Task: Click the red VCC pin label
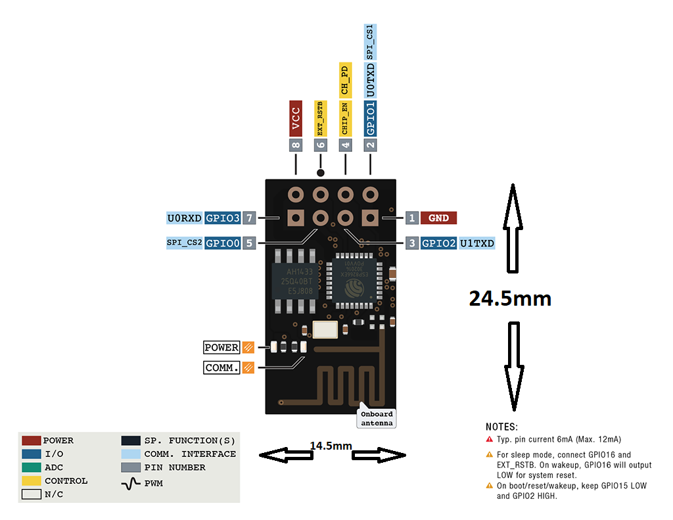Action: pyautogui.click(x=296, y=118)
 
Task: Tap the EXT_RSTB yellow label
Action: pyautogui.click(x=320, y=119)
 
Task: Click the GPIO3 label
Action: pyautogui.click(x=222, y=218)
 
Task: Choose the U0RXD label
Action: pyautogui.click(x=185, y=218)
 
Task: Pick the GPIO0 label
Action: pyautogui.click(x=222, y=243)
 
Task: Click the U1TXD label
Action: pyautogui.click(x=476, y=243)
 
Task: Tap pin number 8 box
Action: pyautogui.click(x=296, y=146)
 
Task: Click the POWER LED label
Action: pyautogui.click(x=221, y=348)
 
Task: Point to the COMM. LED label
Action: pyautogui.click(x=221, y=368)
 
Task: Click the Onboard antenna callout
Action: pyautogui.click(x=377, y=419)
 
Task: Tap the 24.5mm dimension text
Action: pyautogui.click(x=510, y=298)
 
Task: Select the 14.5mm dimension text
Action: pyautogui.click(x=331, y=446)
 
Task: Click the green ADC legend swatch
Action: pyautogui.click(x=31, y=467)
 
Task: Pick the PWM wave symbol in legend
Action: pyautogui.click(x=131, y=484)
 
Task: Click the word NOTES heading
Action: pyautogui.click(x=501, y=427)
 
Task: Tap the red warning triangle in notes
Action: pyautogui.click(x=489, y=439)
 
